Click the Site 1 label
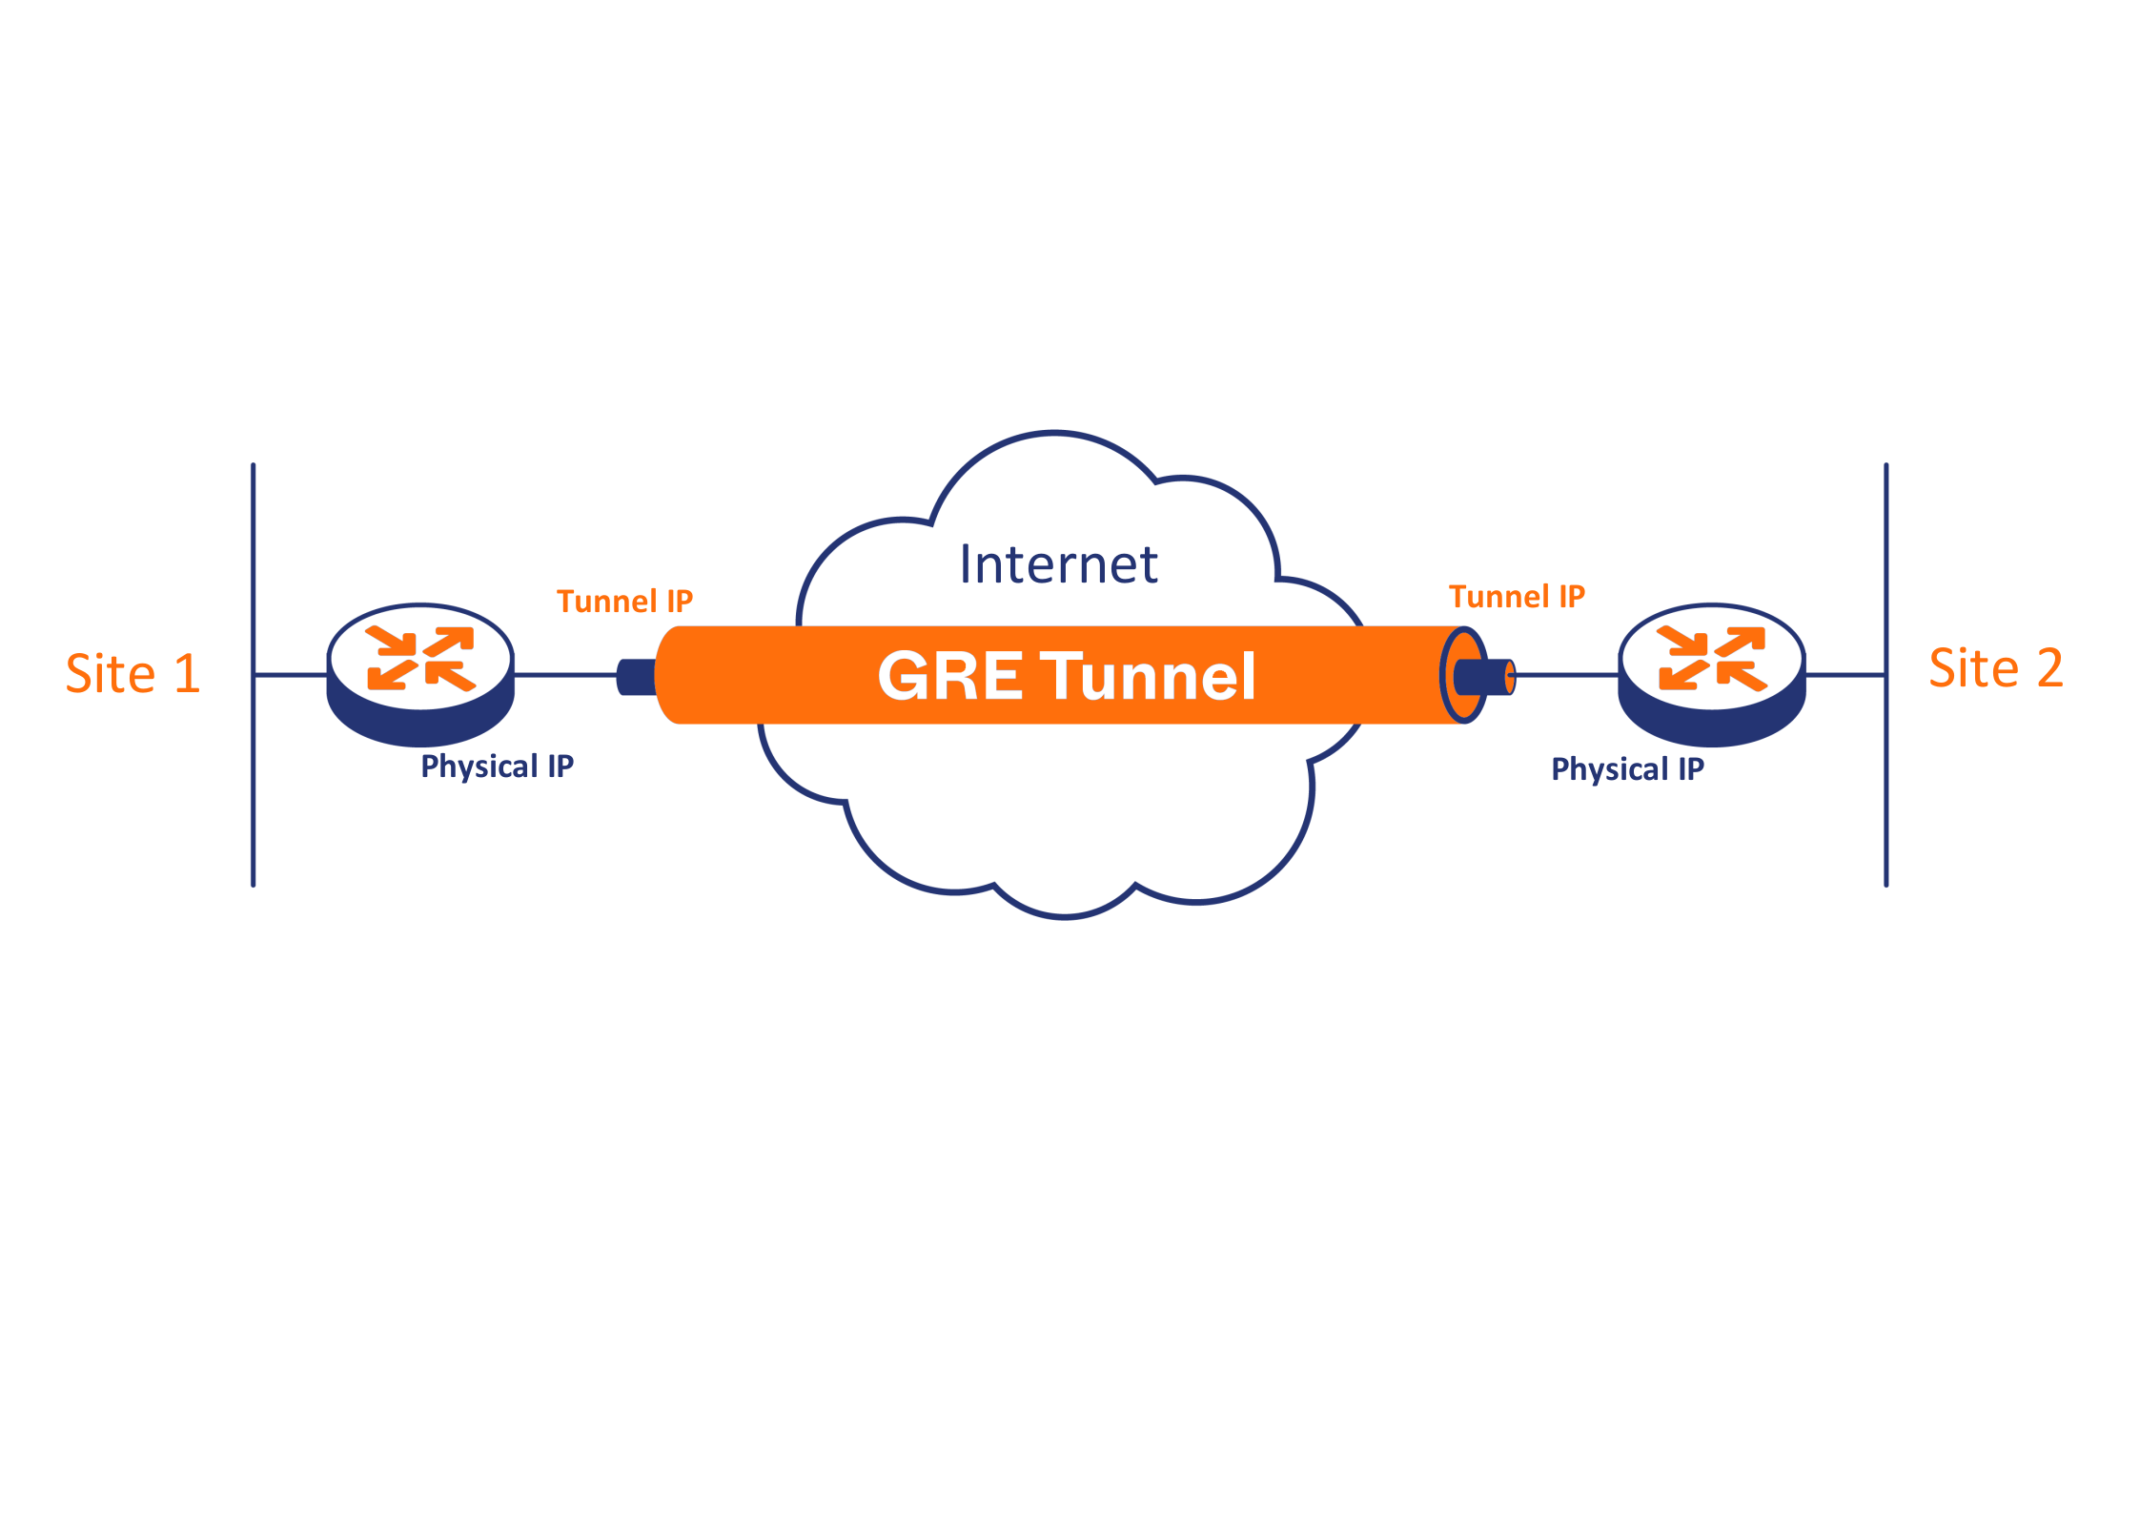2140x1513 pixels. pyautogui.click(x=132, y=673)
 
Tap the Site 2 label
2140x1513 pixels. pyautogui.click(x=1996, y=667)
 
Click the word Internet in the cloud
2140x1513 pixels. pyautogui.click(x=1058, y=563)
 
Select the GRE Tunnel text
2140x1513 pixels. pyautogui.click(x=1067, y=676)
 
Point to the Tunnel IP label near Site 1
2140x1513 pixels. pyautogui.click(x=624, y=602)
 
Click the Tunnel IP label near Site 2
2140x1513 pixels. pyautogui.click(x=1517, y=597)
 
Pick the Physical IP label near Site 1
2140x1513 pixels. pyautogui.click(x=498, y=767)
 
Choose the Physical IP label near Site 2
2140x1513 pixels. pyautogui.click(x=1628, y=769)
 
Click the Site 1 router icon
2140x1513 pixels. pyautogui.click(x=420, y=675)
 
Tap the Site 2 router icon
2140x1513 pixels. pyautogui.click(x=1712, y=675)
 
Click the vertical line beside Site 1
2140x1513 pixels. pyautogui.click(x=253, y=675)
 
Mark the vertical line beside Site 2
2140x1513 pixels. pyautogui.click(x=1885, y=675)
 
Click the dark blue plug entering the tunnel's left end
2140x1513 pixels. pyautogui.click(x=637, y=677)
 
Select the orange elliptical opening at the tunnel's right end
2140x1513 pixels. pyautogui.click(x=1463, y=675)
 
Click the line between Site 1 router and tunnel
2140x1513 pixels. pyautogui.click(x=566, y=675)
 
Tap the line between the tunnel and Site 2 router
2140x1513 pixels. pyautogui.click(x=1567, y=675)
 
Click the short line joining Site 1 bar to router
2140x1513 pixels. pyautogui.click(x=291, y=675)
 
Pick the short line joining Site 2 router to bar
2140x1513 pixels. pyautogui.click(x=1844, y=675)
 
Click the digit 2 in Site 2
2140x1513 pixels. pyautogui.click(x=2050, y=667)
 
